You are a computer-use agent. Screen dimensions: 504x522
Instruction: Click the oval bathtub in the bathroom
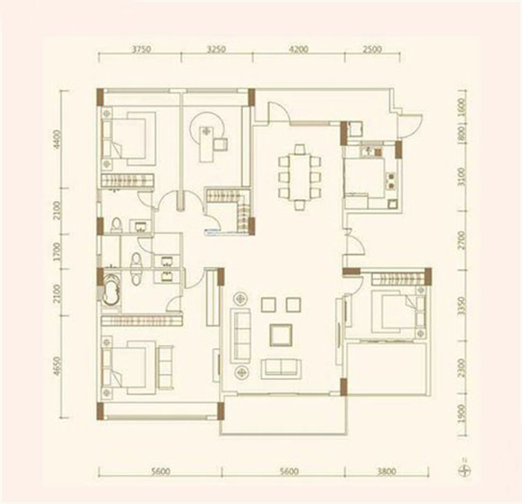coord(111,290)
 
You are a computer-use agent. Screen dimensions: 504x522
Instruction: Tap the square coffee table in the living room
coord(280,334)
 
